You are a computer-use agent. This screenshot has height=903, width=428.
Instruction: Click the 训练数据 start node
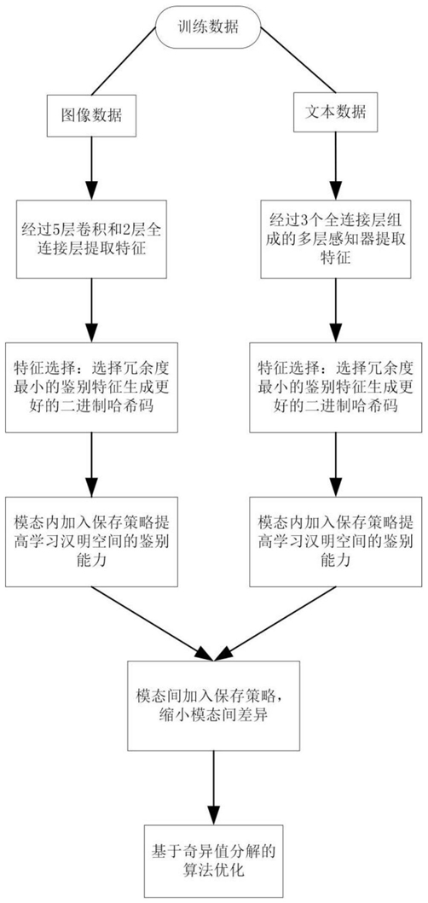coord(213,27)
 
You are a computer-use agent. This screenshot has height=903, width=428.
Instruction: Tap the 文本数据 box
coord(336,111)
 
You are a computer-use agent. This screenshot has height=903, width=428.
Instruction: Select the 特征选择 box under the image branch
coord(92,387)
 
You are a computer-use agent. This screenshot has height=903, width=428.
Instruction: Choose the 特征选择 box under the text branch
coord(336,387)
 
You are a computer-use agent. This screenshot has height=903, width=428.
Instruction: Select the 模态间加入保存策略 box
coord(214,706)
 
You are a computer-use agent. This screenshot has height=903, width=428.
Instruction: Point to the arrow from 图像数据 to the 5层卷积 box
coord(91,167)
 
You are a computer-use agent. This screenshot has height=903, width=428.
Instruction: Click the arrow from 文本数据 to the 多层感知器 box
coord(336,166)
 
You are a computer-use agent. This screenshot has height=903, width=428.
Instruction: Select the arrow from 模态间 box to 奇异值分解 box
coord(213,787)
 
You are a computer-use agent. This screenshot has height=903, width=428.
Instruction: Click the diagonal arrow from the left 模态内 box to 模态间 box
coord(153,623)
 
